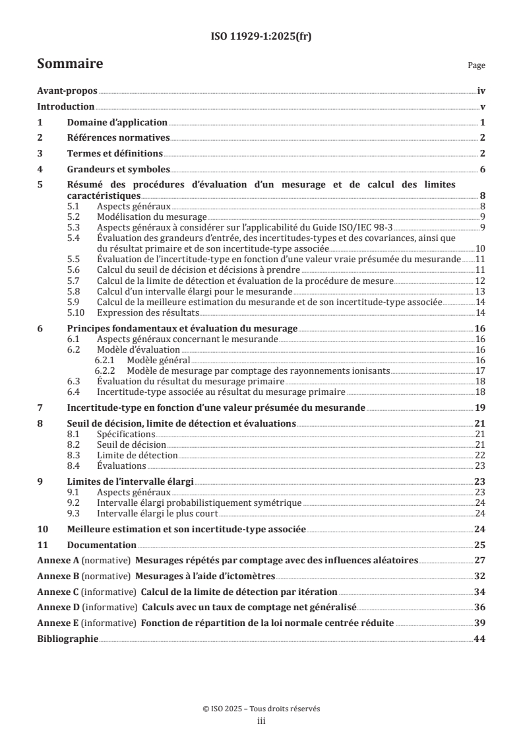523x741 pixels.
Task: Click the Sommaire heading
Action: (70, 64)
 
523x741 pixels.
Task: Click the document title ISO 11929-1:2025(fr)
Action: (261, 36)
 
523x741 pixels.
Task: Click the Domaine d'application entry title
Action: (117, 122)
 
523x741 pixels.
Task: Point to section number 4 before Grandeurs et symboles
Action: (40, 169)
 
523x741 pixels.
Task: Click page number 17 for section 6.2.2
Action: (481, 370)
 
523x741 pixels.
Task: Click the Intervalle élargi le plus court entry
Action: (157, 512)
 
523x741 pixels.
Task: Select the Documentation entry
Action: (102, 545)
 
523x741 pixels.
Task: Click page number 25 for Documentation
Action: (481, 545)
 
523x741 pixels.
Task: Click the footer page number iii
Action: (261, 722)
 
